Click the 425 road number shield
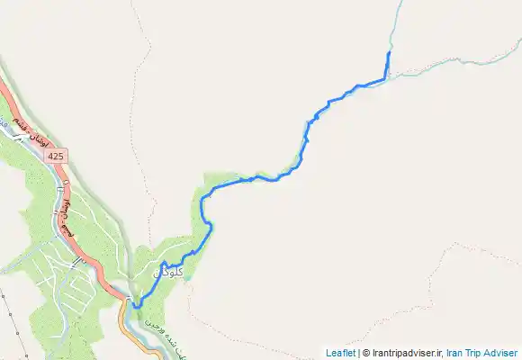tap(56, 157)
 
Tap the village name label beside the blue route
tap(169, 270)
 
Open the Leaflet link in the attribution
tap(340, 353)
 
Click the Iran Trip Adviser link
tap(482, 353)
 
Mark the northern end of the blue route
tap(388, 54)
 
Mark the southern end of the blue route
tap(137, 307)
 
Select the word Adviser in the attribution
tap(502, 353)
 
